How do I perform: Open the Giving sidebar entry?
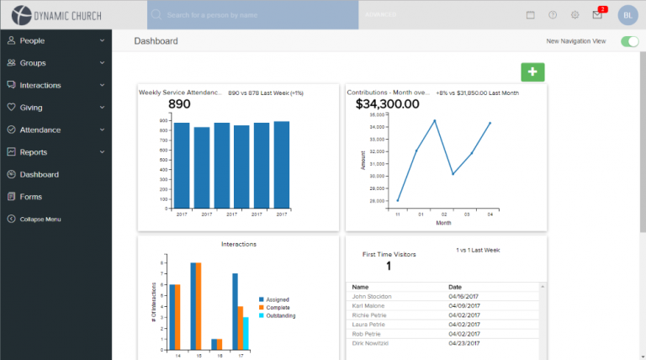coord(31,108)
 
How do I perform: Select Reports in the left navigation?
coord(33,152)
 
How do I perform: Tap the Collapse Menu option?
coord(40,220)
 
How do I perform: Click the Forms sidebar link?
coord(30,197)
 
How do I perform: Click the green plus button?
coord(532,72)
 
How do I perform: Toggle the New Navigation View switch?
coord(629,41)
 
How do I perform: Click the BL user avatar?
coord(628,15)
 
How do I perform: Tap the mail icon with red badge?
coord(598,14)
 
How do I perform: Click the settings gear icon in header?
coord(575,15)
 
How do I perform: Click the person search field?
coord(252,15)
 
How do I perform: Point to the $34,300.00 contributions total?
coord(387,104)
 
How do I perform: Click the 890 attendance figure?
coord(180,104)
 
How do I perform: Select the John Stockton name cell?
coord(372,296)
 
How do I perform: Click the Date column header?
coord(455,287)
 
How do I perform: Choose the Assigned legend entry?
coord(279,299)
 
